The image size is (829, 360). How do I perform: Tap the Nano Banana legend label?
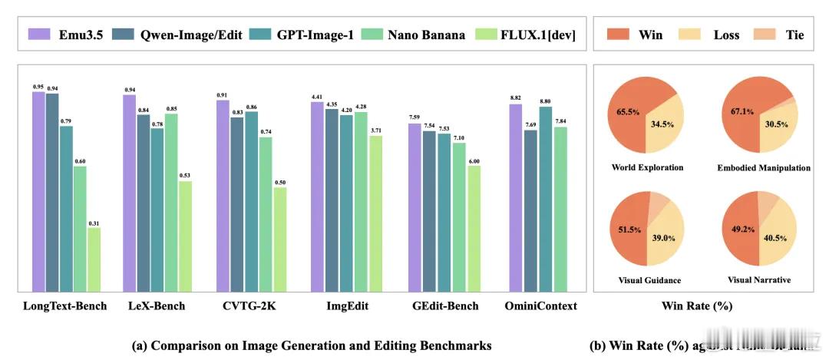[x=426, y=35]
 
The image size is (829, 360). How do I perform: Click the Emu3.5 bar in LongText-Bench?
[x=38, y=192]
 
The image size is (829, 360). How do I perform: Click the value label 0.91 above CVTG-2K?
[x=222, y=95]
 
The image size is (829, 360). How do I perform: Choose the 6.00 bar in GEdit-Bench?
[x=474, y=229]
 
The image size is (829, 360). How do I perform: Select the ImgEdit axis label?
[x=347, y=306]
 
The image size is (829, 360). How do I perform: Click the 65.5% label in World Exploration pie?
[x=629, y=111]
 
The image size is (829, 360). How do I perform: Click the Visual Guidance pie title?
[x=647, y=280]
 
